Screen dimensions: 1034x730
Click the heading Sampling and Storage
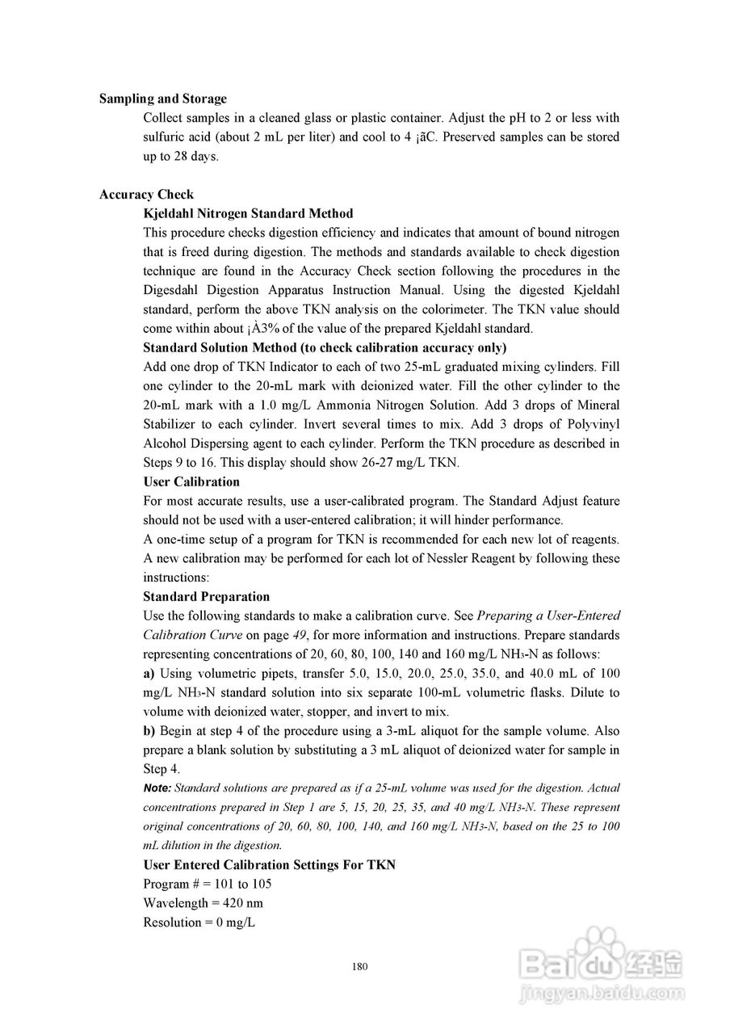pyautogui.click(x=163, y=99)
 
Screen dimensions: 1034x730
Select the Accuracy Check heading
pyautogui.click(x=146, y=195)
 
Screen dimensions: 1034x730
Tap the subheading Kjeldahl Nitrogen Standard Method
pyautogui.click(x=248, y=214)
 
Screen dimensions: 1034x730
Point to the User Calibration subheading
pyautogui.click(x=191, y=482)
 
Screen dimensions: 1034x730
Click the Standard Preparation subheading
pyautogui.click(x=206, y=597)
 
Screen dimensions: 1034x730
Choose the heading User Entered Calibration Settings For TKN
pyautogui.click(x=269, y=865)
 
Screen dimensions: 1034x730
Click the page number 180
pyautogui.click(x=360, y=967)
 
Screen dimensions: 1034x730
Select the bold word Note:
pyautogui.click(x=157, y=788)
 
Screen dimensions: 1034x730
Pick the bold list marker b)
pyautogui.click(x=149, y=731)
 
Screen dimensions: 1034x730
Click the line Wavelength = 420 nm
pyautogui.click(x=203, y=903)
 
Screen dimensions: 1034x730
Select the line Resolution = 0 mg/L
pyautogui.click(x=199, y=923)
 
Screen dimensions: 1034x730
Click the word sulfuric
pyautogui.click(x=166, y=137)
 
